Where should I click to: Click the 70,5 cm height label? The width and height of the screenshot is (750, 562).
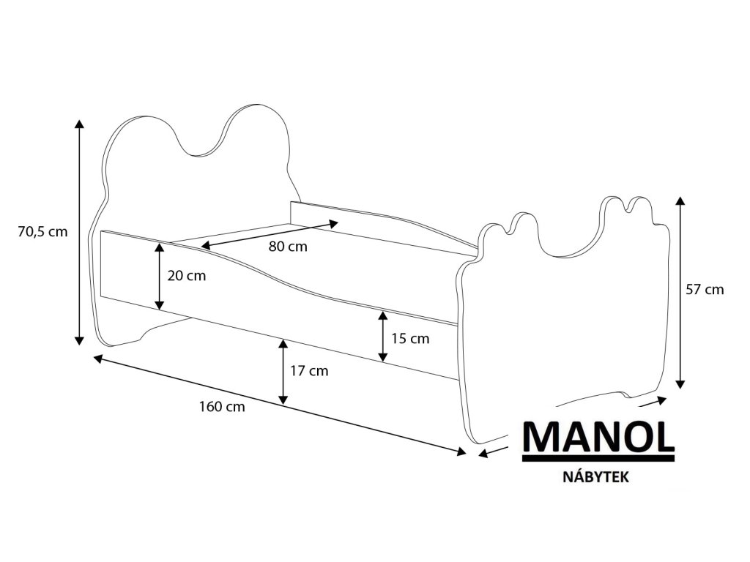42,232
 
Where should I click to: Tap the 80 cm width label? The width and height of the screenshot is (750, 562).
288,247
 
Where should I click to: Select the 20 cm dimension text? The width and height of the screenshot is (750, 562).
186,276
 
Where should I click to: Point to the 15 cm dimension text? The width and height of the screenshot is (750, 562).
409,339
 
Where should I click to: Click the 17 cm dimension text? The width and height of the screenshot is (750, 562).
309,371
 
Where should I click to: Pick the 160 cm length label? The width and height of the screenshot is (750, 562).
221,407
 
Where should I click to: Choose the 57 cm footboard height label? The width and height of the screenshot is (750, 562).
705,290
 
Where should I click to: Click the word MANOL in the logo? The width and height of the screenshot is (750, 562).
598,437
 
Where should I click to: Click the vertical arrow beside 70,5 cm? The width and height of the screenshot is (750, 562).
79,232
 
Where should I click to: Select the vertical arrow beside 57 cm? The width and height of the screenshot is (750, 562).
680,292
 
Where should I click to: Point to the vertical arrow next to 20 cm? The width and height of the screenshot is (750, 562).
159,276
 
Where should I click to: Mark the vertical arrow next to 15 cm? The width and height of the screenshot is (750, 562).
382,336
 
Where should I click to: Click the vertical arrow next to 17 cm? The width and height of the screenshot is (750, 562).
283,372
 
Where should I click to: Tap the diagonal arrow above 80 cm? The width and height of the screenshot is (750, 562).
270,234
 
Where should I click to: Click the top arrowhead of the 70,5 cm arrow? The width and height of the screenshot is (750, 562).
79,123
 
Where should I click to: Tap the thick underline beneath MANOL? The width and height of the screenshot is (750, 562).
598,460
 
